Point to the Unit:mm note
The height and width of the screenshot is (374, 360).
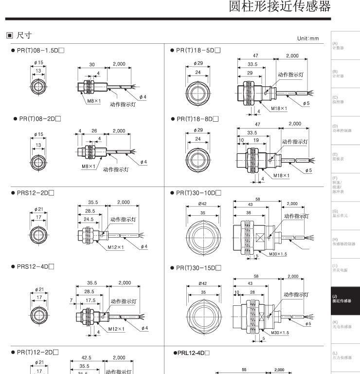coord(307,39)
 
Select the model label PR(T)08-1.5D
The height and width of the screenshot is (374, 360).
coord(38,51)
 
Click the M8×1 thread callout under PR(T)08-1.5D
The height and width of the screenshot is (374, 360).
coord(93,100)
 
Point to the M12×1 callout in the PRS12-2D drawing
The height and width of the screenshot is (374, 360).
coord(116,247)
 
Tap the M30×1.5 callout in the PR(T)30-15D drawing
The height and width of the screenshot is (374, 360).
coord(279,333)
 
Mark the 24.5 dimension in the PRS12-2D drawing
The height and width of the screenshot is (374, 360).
coord(88,219)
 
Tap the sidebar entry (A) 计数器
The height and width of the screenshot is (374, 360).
coord(339,47)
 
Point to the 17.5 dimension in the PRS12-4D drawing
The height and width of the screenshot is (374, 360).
coord(90,300)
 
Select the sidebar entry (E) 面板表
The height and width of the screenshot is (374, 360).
coord(338,157)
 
